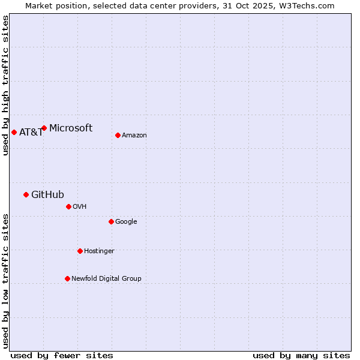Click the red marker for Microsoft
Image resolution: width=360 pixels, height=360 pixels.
44,128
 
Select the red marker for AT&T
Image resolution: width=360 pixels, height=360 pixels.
14,132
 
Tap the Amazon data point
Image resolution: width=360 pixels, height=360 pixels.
118,135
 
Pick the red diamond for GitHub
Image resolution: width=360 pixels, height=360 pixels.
26,194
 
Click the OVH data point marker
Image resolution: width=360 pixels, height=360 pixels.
68,206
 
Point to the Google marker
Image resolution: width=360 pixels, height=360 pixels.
111,221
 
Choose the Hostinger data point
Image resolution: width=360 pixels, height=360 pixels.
80,251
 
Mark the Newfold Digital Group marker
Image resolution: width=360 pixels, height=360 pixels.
67,278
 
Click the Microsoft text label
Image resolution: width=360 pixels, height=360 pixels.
71,128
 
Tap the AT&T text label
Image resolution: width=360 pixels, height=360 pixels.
31,133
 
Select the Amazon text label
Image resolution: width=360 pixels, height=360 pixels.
134,136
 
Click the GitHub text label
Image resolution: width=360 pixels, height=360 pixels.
47,194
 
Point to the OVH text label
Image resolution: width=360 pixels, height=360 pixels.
80,207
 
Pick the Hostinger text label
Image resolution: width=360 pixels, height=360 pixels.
99,251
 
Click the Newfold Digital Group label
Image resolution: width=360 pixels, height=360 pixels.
106,279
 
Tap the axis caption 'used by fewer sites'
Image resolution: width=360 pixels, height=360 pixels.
62,355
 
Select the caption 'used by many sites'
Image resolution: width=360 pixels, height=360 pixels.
301,355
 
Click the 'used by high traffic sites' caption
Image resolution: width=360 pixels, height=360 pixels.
5,85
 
